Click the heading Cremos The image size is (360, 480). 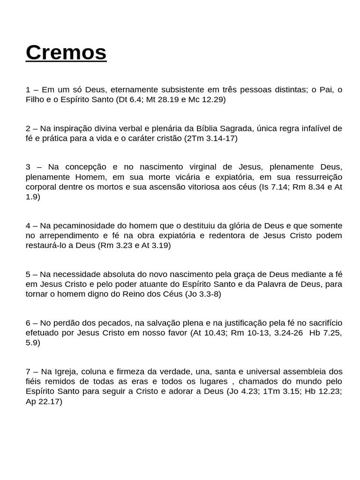(x=66, y=52)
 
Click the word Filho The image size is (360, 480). (x=35, y=99)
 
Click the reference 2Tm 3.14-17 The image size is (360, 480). (x=210, y=138)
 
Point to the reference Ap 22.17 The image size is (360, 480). (x=43, y=401)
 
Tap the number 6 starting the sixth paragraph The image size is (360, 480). (x=28, y=323)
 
